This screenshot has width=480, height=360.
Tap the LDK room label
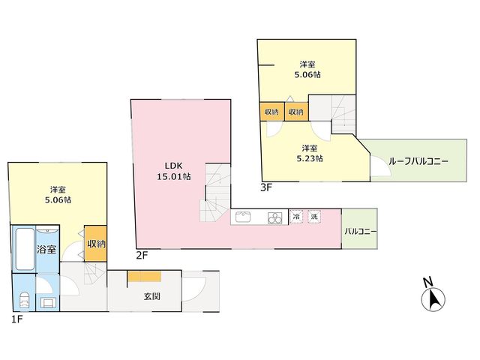173,166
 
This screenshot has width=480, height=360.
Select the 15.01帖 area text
174,177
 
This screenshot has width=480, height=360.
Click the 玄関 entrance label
152,296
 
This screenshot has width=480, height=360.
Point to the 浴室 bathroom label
46,249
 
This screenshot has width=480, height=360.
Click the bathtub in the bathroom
25,249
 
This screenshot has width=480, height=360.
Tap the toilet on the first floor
25,300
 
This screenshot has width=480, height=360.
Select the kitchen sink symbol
243,217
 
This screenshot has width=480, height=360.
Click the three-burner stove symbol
274,218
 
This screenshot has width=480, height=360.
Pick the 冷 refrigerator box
296,217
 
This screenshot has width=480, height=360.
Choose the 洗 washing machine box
314,217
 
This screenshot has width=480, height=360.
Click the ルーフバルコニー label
418,161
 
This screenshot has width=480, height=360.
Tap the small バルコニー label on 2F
361,232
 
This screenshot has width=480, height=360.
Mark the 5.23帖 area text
309,158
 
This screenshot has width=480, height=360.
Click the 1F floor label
17,319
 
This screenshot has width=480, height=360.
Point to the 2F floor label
142,255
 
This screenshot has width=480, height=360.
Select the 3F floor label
266,187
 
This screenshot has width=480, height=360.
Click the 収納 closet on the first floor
96,244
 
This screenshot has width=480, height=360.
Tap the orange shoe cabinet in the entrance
145,277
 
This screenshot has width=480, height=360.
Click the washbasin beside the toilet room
48,303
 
